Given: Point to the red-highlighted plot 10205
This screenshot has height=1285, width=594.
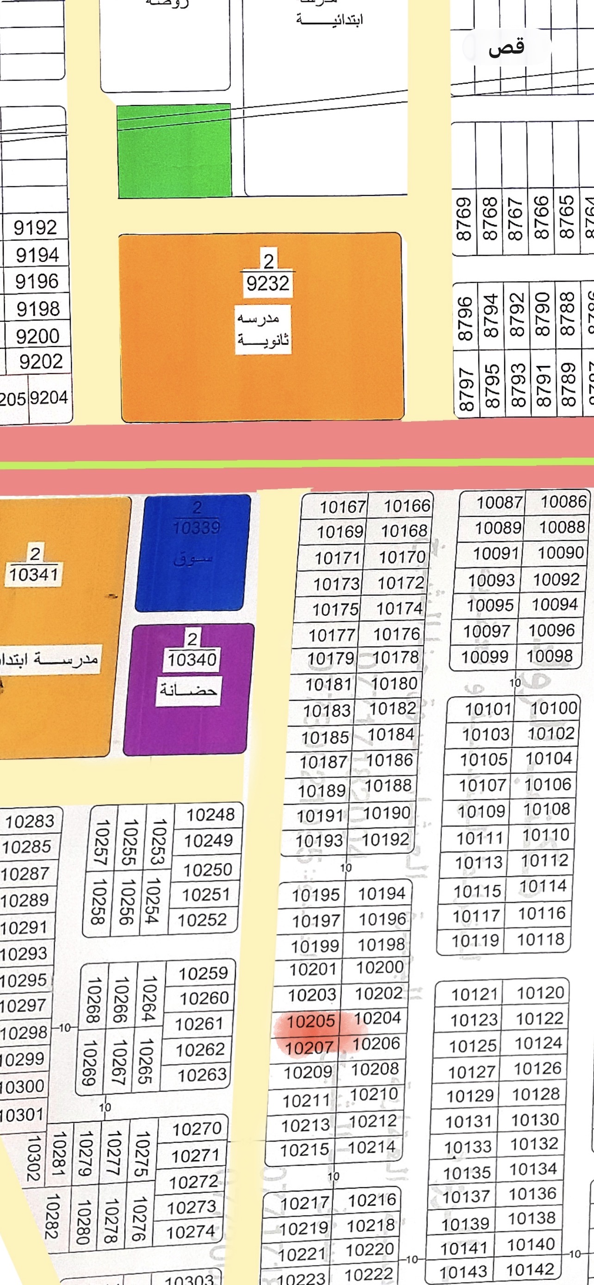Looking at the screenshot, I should coord(310,1021).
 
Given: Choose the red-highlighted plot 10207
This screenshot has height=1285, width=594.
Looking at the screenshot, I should coord(309,1048).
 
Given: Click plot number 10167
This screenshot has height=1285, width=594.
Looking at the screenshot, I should coord(343,507).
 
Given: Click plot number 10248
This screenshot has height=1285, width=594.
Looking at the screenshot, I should coord(210,815).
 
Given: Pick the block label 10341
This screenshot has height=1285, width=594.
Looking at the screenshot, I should coord(33,574).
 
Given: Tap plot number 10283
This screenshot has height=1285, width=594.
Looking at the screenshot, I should coord(30,821).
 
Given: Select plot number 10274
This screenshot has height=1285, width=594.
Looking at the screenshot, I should coord(191,1232).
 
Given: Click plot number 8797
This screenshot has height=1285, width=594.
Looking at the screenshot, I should coord(465,389).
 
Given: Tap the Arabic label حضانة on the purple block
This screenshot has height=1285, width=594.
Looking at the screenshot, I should coord(188,691).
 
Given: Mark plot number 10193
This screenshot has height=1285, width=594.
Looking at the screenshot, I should coord(319,841).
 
